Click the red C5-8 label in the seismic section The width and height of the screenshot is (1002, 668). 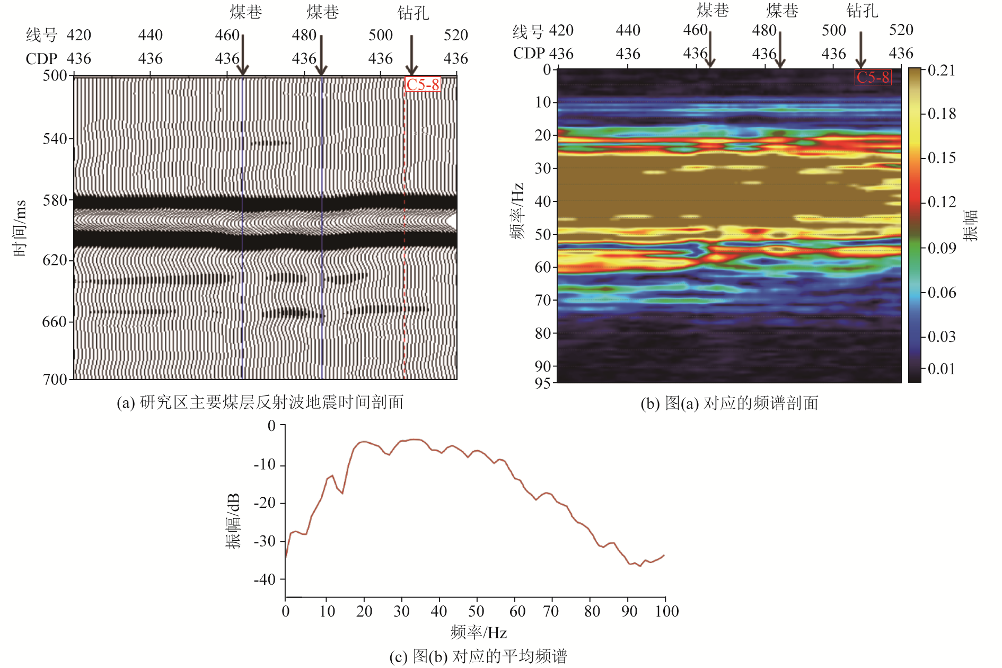[x=423, y=84]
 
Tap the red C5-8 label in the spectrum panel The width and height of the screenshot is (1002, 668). [x=873, y=77]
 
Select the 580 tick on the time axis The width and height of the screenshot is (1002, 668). [x=55, y=200]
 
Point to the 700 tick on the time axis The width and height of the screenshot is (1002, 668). [x=55, y=379]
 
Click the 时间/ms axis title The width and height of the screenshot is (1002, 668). [x=20, y=228]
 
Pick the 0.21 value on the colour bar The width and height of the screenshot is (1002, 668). [x=942, y=71]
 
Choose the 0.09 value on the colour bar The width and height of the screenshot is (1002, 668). [x=942, y=248]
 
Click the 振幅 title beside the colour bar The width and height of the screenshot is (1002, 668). [x=971, y=225]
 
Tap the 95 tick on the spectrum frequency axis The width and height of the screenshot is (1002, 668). [x=543, y=383]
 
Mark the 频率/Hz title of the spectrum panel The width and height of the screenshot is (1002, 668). [x=517, y=211]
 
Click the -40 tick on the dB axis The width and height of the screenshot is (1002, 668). [x=265, y=579]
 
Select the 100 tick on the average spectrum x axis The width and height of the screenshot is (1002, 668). [x=666, y=612]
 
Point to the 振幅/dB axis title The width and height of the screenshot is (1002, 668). [x=233, y=521]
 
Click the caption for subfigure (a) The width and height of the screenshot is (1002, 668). [x=260, y=402]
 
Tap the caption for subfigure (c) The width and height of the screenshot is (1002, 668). [x=478, y=656]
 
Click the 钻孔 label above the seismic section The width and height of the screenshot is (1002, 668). [x=413, y=13]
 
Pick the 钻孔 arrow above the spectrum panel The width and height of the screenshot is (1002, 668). [x=861, y=50]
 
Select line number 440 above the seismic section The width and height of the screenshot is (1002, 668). [x=151, y=35]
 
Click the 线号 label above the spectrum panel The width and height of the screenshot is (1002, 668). [x=528, y=31]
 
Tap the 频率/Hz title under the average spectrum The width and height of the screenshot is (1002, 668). [x=478, y=632]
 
